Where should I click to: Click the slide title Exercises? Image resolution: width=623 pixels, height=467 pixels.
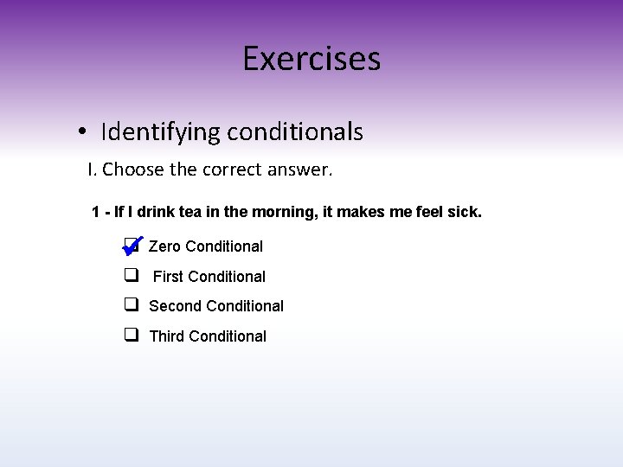coord(311,59)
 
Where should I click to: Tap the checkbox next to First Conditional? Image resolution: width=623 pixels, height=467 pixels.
coord(132,276)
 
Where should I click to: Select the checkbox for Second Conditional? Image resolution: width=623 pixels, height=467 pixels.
coord(132,305)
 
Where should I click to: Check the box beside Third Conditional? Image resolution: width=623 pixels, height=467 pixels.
coord(132,335)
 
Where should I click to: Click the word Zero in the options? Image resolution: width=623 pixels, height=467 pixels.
coord(164,246)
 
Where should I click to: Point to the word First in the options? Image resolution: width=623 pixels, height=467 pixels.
coord(168,277)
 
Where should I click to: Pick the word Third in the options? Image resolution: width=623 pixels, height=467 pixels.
coord(166,336)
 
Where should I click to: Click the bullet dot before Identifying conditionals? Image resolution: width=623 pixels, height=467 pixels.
coord(80,132)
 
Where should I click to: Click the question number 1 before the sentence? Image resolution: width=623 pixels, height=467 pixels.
coord(95,212)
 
